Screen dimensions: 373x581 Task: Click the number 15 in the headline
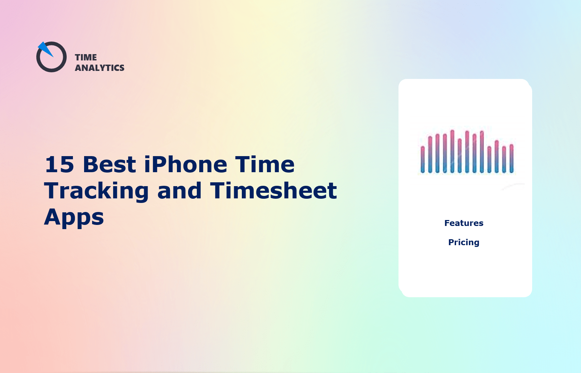click(60, 164)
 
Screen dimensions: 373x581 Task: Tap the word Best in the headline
click(109, 164)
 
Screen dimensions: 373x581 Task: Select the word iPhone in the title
click(186, 164)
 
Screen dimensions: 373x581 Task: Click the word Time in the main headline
click(265, 164)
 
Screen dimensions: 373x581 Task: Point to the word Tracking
click(97, 191)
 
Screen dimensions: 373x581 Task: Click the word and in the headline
click(179, 191)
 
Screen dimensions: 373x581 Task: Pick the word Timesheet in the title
click(274, 191)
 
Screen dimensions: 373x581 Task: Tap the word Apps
click(74, 218)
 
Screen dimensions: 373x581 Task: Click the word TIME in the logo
click(86, 57)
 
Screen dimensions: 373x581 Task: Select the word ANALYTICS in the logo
click(99, 68)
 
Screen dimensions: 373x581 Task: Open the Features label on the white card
click(464, 223)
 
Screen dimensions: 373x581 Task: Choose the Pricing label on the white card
click(464, 242)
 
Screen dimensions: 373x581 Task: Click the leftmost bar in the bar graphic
click(423, 159)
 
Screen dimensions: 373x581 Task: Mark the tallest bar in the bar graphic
click(452, 151)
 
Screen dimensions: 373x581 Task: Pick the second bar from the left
click(430, 154)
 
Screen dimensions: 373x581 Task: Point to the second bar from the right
click(504, 159)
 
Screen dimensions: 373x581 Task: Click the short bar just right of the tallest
click(460, 156)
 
